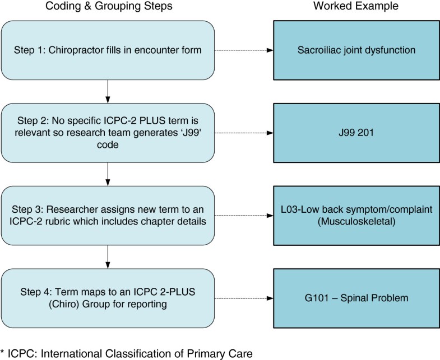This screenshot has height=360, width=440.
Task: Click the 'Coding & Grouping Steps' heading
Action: (106, 7)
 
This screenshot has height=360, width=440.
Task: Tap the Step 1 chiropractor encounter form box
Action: (107, 50)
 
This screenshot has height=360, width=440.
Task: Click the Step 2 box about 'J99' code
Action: (107, 133)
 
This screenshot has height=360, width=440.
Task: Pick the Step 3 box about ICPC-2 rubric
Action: (107, 216)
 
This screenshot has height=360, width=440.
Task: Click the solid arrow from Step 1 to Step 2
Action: (107, 91)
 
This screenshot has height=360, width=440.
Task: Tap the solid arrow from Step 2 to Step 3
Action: (107, 174)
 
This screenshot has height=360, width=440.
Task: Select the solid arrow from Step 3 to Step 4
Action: (107, 257)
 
